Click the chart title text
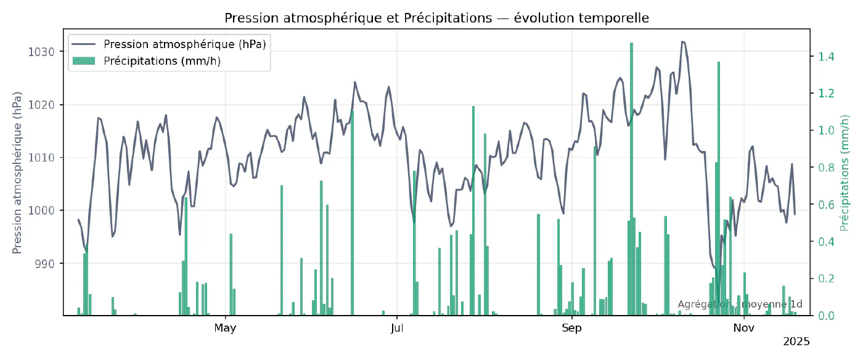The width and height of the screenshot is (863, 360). pos(436,18)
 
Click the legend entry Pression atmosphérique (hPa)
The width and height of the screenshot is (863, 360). pos(185,44)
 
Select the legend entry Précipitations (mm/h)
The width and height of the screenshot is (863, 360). pos(162,60)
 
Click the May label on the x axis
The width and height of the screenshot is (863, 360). pos(225,328)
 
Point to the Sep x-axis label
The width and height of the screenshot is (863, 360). pos(571,328)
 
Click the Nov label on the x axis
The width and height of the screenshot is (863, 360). pos(744,328)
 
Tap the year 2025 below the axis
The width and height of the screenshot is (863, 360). pos(796,341)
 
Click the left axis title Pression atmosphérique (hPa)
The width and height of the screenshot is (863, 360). pos(17,173)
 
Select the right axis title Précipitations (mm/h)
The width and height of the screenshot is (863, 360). pos(845,173)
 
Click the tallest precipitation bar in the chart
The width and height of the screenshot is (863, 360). pos(631,179)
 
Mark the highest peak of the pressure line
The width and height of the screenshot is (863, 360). pos(682,42)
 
